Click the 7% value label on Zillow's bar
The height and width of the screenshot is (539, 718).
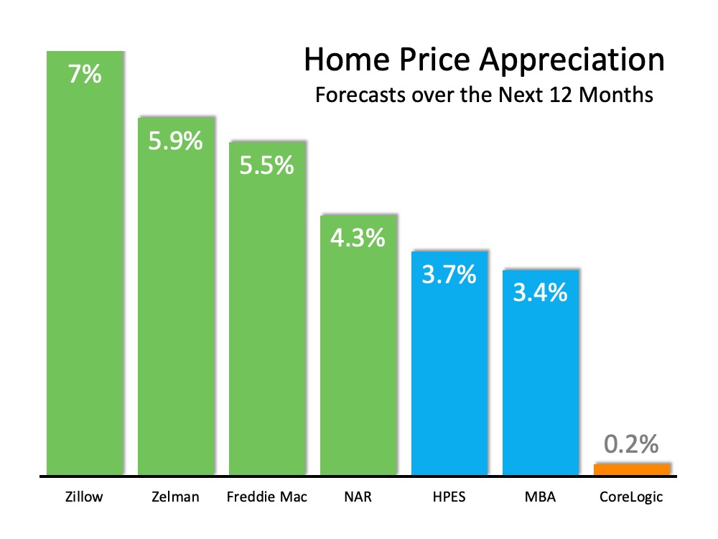click(85, 74)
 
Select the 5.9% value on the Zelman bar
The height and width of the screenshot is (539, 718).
click(176, 140)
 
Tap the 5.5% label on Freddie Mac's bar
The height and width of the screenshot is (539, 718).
click(267, 166)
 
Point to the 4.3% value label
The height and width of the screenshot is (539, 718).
click(358, 238)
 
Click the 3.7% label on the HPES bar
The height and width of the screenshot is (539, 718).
click(449, 274)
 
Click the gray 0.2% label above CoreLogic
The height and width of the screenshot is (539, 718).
click(631, 444)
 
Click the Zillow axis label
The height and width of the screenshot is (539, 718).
click(84, 497)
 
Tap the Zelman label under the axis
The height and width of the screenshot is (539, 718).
click(175, 497)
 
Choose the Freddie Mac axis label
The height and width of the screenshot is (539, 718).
click(266, 497)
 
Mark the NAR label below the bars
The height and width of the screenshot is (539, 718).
click(358, 497)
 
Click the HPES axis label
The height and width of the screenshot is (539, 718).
click(449, 497)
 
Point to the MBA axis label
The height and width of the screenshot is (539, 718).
click(540, 497)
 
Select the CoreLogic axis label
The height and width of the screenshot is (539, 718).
click(631, 497)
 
